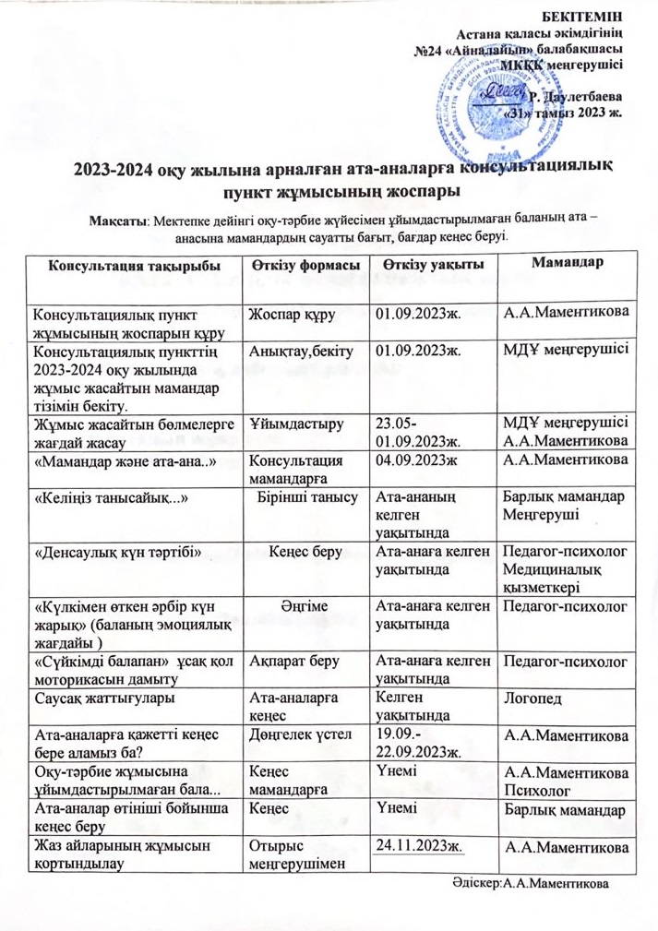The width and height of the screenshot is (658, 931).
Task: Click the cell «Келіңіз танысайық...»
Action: [112, 499]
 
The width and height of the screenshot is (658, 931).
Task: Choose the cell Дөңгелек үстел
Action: [291, 735]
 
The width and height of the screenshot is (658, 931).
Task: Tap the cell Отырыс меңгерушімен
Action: [288, 853]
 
